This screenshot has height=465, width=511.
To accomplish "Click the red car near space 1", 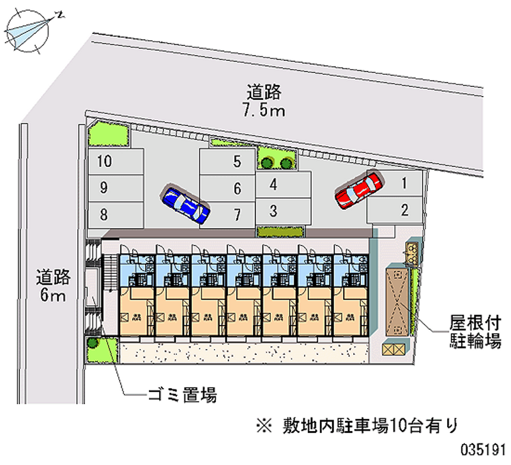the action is pyautogui.click(x=359, y=191).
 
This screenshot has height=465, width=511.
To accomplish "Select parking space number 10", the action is pyautogui.click(x=115, y=162).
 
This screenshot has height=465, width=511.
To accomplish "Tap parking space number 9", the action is pyautogui.click(x=115, y=187).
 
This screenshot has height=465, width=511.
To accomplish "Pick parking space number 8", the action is pyautogui.click(x=115, y=213).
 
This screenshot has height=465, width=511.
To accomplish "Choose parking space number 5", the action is pyautogui.click(x=227, y=162).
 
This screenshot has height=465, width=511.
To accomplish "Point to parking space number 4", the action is pyautogui.click(x=283, y=185).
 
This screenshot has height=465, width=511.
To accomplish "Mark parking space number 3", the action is pyautogui.click(x=283, y=210).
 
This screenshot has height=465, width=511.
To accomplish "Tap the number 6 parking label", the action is pyautogui.click(x=237, y=189).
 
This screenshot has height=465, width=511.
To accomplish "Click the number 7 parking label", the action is pyautogui.click(x=237, y=213).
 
